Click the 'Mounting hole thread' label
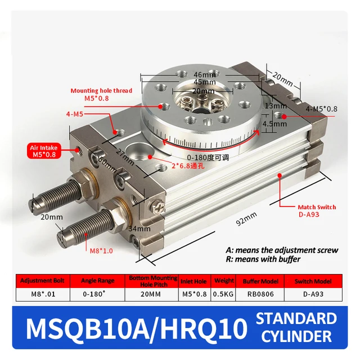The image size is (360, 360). click(101, 91)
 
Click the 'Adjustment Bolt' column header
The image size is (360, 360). click(43, 280)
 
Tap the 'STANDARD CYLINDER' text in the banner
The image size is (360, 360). click(296, 328)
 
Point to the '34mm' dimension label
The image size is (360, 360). click(139, 228)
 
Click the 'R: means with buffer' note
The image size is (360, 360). click(263, 259)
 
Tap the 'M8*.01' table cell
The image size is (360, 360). click(43, 294)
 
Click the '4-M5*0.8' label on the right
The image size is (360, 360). click(322, 109)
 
